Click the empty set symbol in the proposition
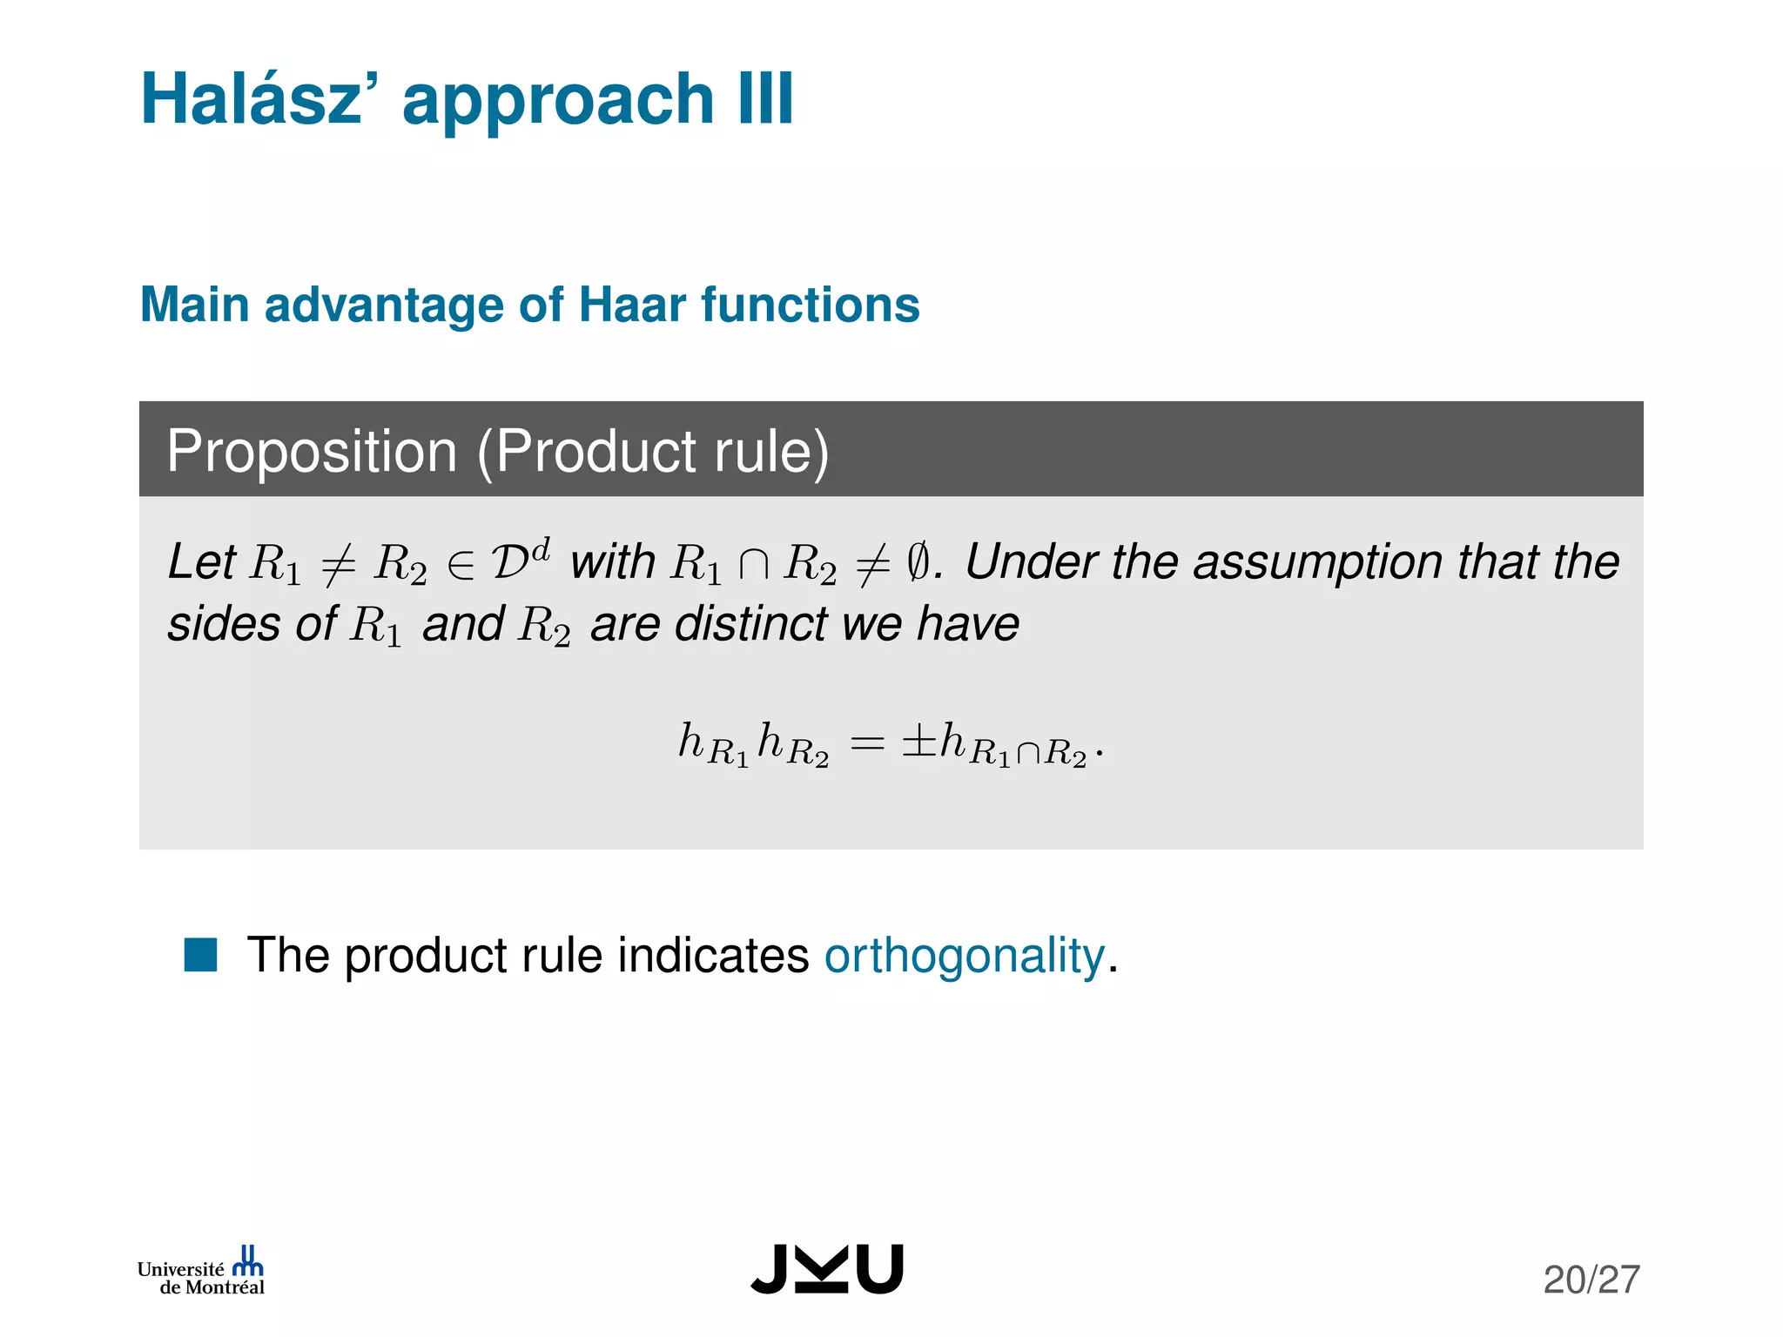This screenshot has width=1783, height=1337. pyautogui.click(x=918, y=562)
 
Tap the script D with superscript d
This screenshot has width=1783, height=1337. pyautogui.click(x=521, y=559)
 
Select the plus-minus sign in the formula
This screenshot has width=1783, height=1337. pyautogui.click(x=919, y=742)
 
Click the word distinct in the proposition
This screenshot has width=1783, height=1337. pyautogui.click(x=751, y=624)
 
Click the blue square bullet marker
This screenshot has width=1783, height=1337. pyautogui.click(x=200, y=954)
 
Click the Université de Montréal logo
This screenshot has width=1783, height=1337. pyautogui.click(x=201, y=1272)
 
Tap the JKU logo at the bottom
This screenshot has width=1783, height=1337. pyautogui.click(x=827, y=1269)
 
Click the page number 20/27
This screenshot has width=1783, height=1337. pyautogui.click(x=1591, y=1280)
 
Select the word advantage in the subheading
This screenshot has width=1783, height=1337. pyautogui.click(x=384, y=305)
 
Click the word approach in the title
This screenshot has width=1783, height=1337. pyautogui.click(x=558, y=100)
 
